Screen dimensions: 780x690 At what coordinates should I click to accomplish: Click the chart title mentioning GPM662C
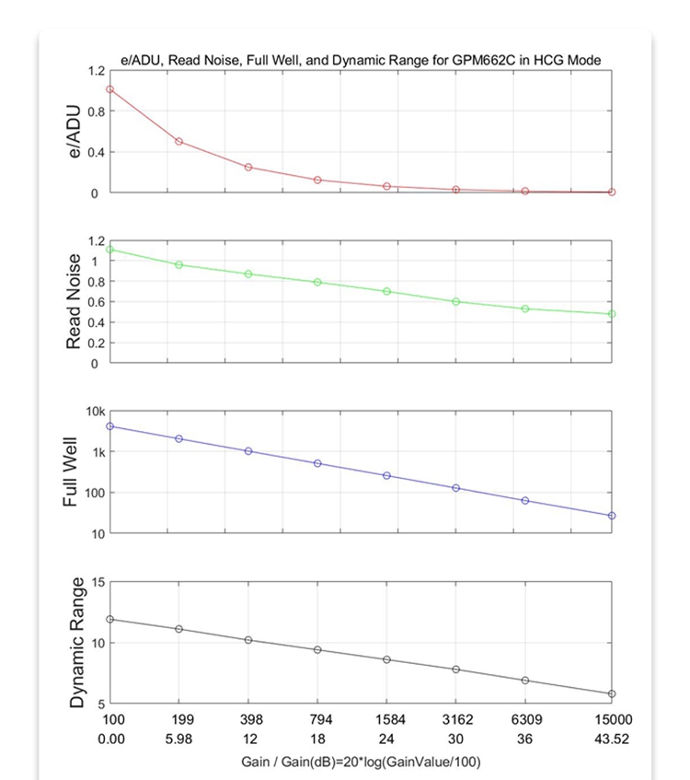pyautogui.click(x=361, y=60)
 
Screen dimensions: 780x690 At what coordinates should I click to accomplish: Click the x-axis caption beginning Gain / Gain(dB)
pyautogui.click(x=361, y=762)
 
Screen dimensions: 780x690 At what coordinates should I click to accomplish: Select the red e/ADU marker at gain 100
pyautogui.click(x=109, y=89)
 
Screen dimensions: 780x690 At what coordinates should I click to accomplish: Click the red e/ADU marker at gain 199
pyautogui.click(x=178, y=141)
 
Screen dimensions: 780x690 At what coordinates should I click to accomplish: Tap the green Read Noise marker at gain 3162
pyautogui.click(x=455, y=301)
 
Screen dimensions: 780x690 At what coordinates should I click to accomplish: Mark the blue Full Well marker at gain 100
pyautogui.click(x=109, y=425)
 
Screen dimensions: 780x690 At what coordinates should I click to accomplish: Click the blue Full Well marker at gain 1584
pyautogui.click(x=386, y=475)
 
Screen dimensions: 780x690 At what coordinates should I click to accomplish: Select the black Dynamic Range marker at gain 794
pyautogui.click(x=317, y=649)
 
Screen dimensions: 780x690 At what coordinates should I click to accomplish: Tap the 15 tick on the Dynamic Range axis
pyautogui.click(x=97, y=582)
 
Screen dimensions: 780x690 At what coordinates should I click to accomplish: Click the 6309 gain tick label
pyautogui.click(x=525, y=719)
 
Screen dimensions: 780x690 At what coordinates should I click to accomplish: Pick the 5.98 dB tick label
pyautogui.click(x=178, y=739)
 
